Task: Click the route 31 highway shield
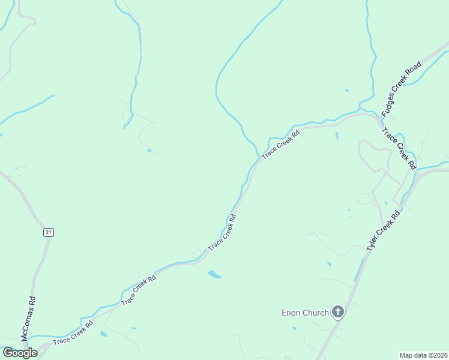(x=48, y=232)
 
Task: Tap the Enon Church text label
(x=306, y=313)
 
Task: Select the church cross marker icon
(x=338, y=311)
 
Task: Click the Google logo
(x=20, y=353)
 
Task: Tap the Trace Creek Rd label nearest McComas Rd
(x=73, y=333)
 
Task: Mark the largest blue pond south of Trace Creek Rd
(x=214, y=275)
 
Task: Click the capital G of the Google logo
(x=8, y=352)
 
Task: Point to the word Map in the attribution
(x=406, y=355)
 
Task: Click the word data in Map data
(x=419, y=355)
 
